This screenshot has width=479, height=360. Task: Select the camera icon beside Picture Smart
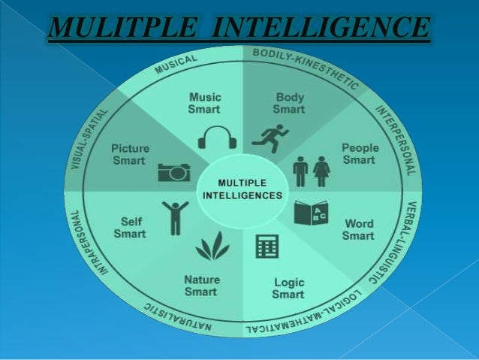pyautogui.click(x=173, y=172)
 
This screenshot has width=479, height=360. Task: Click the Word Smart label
pyautogui.click(x=358, y=230)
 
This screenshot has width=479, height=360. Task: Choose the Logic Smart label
pyautogui.click(x=288, y=289)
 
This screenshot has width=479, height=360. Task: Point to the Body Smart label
pyautogui.click(x=290, y=103)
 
